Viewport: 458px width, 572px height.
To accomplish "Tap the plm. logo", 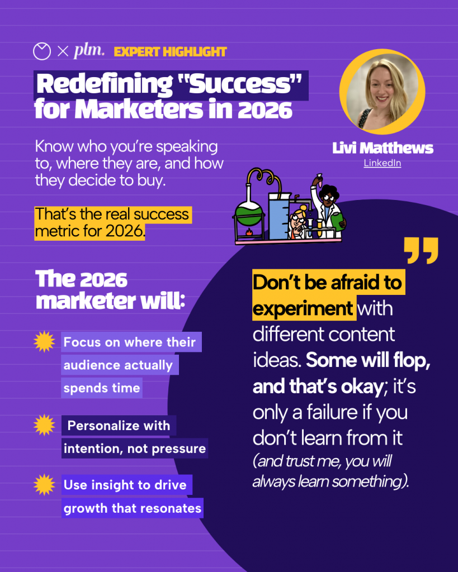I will [89, 51].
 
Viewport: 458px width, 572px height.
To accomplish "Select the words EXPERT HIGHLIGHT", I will [170, 52].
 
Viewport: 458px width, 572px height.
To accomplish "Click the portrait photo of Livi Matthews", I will [382, 92].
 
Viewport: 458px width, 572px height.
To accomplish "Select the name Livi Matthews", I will [383, 148].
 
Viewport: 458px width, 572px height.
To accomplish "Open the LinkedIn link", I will [383, 164].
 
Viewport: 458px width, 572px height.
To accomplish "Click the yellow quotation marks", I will [421, 251].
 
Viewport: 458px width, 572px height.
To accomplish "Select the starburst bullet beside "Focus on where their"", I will [44, 341].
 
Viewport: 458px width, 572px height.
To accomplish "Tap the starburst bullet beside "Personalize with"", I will [44, 426].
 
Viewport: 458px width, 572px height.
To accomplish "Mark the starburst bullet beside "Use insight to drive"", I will [44, 485].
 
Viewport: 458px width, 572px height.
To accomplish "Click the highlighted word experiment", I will [303, 308].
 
